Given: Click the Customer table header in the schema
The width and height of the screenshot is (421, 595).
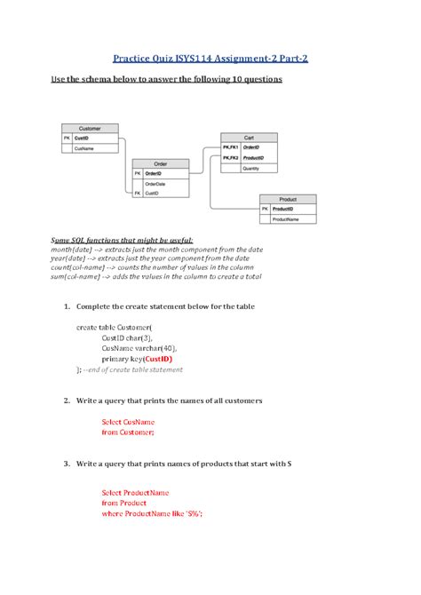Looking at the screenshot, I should pos(90,128).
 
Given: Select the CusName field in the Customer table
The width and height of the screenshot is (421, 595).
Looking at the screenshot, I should pos(85,149).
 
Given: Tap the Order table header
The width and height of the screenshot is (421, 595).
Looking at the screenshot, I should pos(160,163).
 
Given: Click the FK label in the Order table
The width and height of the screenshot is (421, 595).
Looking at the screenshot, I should pos(137,192).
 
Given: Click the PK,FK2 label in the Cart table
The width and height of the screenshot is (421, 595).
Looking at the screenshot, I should pos(230,156).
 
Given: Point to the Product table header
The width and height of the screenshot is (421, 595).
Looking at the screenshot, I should pos(287,199).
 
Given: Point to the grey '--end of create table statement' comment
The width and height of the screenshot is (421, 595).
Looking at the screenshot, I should pos(133,369).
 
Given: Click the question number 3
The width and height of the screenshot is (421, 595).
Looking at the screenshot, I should pos(67,464).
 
